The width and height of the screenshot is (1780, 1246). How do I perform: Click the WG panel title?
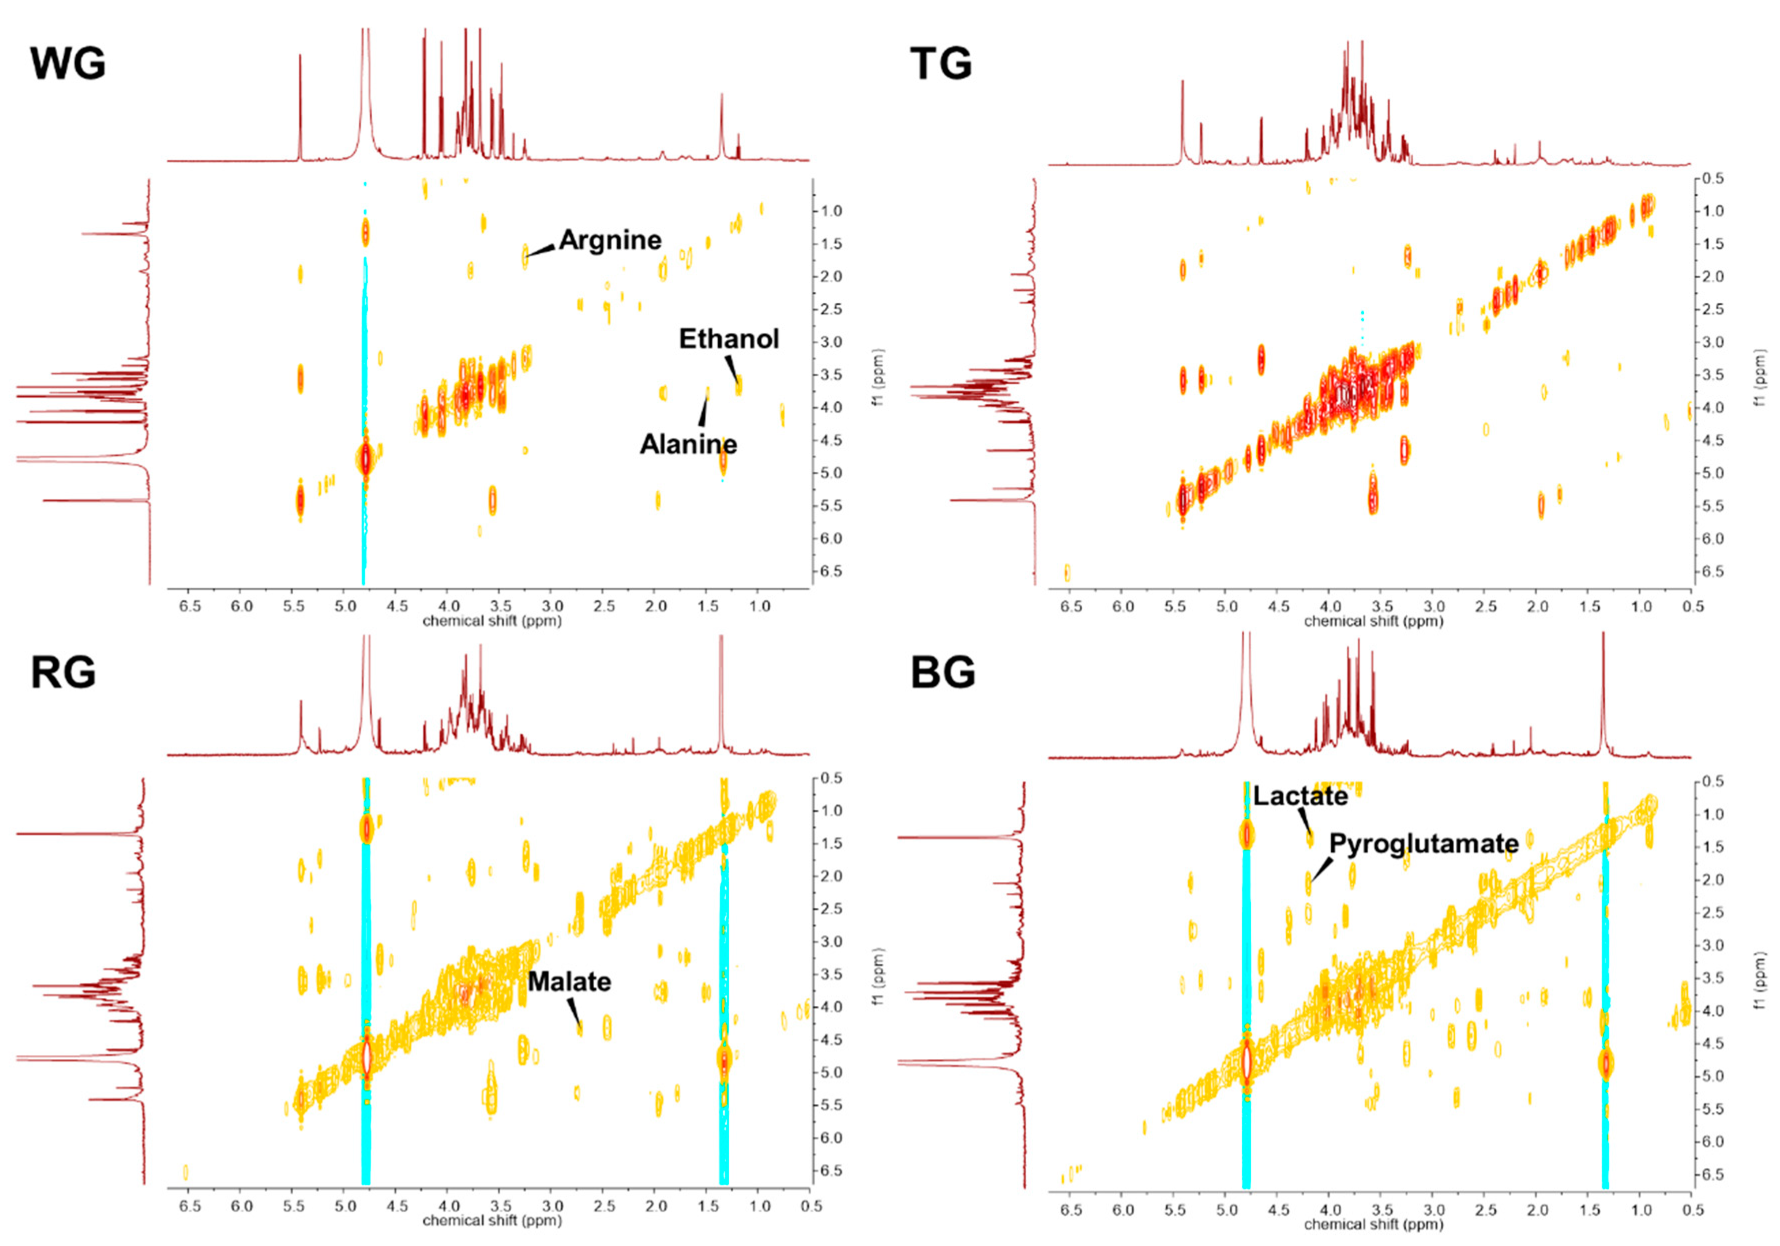(67, 63)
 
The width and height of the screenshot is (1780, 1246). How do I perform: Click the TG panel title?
(940, 63)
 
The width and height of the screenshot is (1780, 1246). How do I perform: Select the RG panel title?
(63, 672)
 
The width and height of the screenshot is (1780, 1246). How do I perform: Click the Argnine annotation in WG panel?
(610, 240)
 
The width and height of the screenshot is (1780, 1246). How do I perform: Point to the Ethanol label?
(728, 339)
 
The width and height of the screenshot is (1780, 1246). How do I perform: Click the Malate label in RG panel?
(569, 981)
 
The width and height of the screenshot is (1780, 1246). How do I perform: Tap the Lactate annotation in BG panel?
(1300, 796)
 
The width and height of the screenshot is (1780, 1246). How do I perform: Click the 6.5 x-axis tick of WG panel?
(190, 606)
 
